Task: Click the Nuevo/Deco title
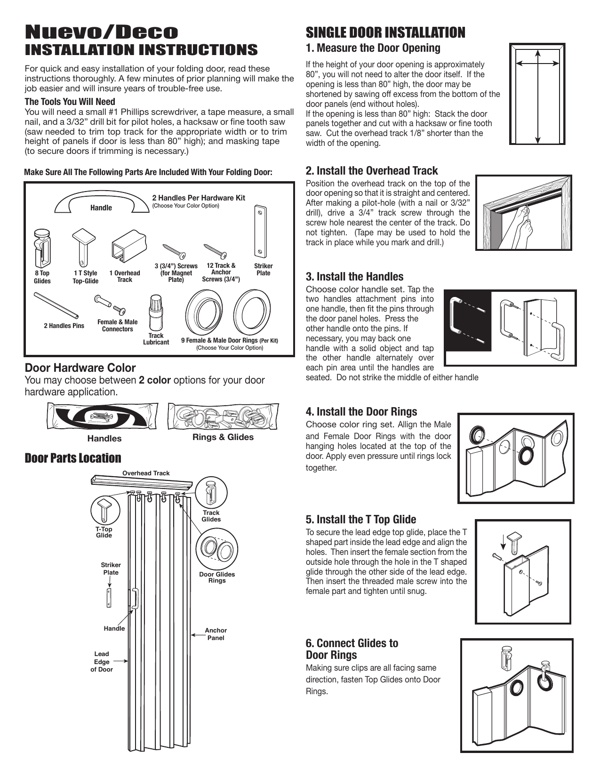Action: [102, 32]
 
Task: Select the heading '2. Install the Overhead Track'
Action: [372, 171]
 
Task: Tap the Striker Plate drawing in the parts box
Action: [260, 229]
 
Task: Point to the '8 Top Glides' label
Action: [42, 277]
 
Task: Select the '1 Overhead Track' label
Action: [125, 276]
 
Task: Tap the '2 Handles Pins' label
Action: [64, 326]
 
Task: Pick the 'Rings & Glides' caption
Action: [223, 437]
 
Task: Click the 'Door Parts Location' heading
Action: [73, 458]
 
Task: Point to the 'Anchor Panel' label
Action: [216, 634]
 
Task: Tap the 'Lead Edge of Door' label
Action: [102, 661]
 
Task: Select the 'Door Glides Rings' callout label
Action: [217, 577]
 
